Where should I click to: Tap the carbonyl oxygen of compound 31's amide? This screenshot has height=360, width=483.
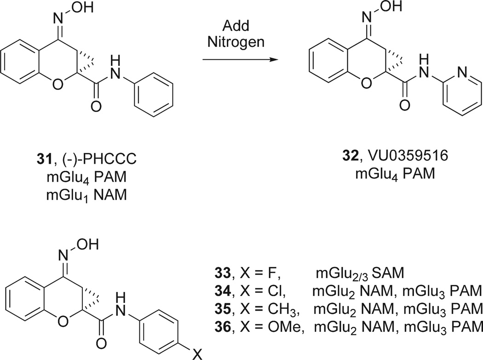[96, 108]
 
